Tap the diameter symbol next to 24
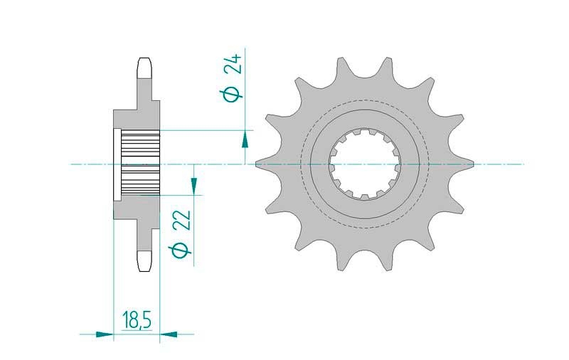[231, 94]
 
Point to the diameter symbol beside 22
[180, 250]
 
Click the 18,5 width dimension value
[137, 319]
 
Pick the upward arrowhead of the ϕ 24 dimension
[245, 139]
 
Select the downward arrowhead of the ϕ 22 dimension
[193, 185]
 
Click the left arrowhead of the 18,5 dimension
[105, 334]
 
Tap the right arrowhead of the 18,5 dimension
[169, 334]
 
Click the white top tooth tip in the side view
[145, 68]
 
